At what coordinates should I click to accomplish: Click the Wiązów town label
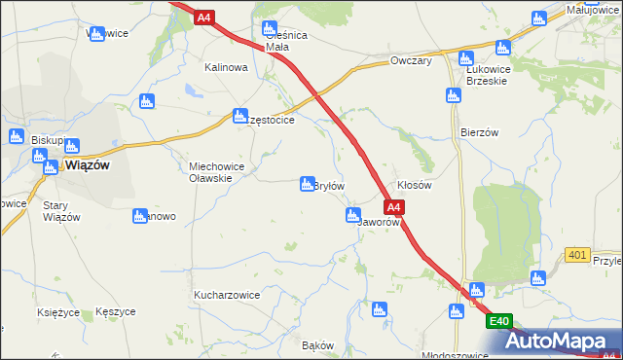87,165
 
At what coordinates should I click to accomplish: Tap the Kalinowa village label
226,68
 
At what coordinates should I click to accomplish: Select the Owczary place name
410,60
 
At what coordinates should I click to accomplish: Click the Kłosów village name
415,185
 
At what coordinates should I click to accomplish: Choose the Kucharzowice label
226,294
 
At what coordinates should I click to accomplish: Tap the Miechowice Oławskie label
223,172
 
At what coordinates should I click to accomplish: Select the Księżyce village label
56,312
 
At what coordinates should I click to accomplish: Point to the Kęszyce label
116,312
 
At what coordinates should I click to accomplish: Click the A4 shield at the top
202,18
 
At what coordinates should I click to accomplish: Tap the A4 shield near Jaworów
392,207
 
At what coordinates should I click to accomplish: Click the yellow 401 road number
577,255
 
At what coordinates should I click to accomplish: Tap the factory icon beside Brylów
303,184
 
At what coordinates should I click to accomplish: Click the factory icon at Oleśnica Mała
270,28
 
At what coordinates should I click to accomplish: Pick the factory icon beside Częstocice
238,116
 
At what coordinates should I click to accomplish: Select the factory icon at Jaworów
352,215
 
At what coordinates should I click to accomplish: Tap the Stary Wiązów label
61,211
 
